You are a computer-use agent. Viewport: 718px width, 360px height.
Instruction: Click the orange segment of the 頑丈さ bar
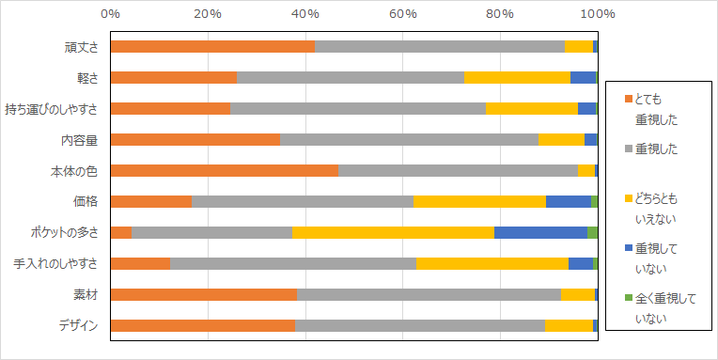pyautogui.click(x=212, y=46)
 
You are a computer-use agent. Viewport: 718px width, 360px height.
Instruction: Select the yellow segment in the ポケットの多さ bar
pyautogui.click(x=393, y=232)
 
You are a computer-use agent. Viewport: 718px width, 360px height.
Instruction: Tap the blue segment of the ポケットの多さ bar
pyautogui.click(x=540, y=232)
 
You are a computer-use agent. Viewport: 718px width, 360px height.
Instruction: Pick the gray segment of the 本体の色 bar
pyautogui.click(x=458, y=170)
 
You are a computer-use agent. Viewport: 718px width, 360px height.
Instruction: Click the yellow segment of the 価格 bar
pyautogui.click(x=479, y=201)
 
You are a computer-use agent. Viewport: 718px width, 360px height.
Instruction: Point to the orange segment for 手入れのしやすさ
pyautogui.click(x=140, y=263)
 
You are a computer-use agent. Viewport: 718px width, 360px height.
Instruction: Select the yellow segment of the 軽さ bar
pyautogui.click(x=517, y=77)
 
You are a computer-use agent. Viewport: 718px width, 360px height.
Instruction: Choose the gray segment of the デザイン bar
pyautogui.click(x=419, y=325)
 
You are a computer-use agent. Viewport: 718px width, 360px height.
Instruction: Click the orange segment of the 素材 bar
pyautogui.click(x=203, y=294)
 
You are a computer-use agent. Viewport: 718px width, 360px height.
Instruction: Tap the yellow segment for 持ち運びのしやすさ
pyautogui.click(x=531, y=108)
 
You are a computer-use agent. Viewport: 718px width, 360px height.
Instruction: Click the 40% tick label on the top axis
pyautogui.click(x=304, y=14)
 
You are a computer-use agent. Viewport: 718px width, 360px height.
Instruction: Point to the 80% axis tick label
pyautogui.click(x=499, y=14)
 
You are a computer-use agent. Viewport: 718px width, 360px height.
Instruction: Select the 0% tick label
pyautogui.click(x=110, y=14)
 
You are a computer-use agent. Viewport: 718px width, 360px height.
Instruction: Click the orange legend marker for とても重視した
pyautogui.click(x=628, y=98)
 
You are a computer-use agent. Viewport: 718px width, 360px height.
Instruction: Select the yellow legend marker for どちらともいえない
pyautogui.click(x=628, y=198)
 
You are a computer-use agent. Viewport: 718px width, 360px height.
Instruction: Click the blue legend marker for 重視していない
pyautogui.click(x=628, y=249)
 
